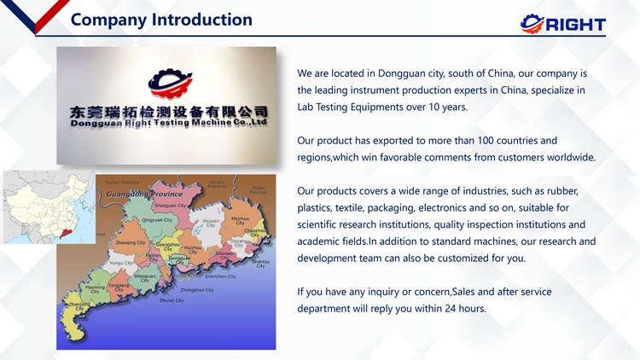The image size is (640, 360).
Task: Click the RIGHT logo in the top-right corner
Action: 562,24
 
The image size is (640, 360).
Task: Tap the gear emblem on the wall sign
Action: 169,82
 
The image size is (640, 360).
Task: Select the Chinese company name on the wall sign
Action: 169,112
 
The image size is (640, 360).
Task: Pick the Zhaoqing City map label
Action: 131,243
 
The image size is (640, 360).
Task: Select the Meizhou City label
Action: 241,220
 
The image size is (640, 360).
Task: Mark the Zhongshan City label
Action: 197,290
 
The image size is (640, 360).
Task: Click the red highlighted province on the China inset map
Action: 58,232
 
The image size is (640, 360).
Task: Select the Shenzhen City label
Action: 219,276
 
